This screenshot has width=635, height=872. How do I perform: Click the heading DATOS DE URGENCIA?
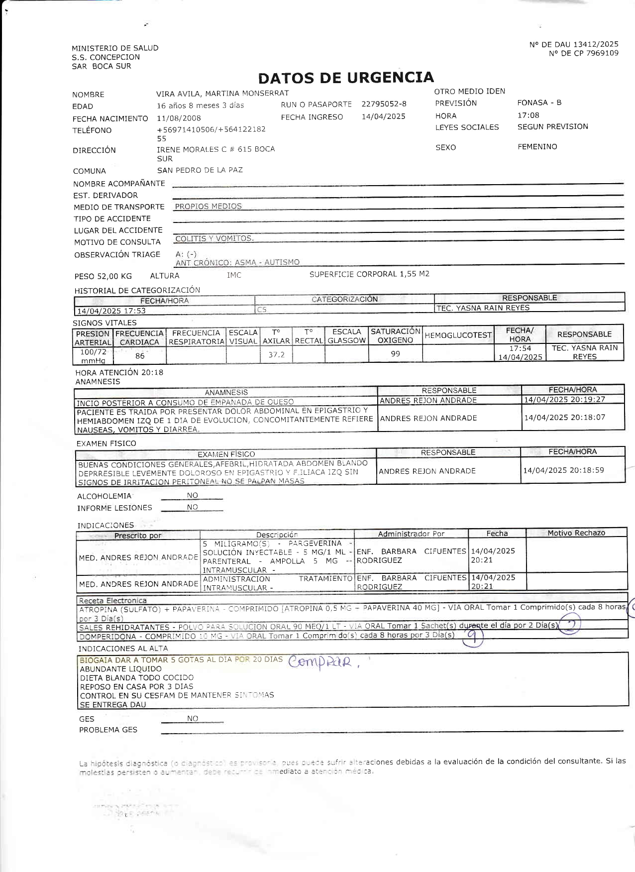pos(346,78)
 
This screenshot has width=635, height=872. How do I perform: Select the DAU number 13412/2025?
pos(596,44)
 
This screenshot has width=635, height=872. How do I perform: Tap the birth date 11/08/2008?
pos(179,118)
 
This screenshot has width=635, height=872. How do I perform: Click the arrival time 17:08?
pos(528,115)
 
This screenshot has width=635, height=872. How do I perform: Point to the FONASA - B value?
pos(539,103)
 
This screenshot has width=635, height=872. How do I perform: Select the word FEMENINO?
pos(537,147)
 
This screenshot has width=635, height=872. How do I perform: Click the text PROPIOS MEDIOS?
pos(208,206)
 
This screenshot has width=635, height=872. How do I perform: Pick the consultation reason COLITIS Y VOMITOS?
pos(214,238)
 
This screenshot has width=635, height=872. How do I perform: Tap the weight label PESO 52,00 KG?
pos(103,276)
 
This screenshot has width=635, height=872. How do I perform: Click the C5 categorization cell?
pos(262,310)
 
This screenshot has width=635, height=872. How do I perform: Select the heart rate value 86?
pos(140,355)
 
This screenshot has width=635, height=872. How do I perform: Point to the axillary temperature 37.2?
pos(276,354)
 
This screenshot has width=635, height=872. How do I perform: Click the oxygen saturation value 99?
pos(395,354)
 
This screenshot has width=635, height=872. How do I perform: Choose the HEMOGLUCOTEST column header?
pos(457,335)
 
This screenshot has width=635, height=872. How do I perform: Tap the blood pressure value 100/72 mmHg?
pos(93,356)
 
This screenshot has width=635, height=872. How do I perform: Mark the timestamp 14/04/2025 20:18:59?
pos(563,470)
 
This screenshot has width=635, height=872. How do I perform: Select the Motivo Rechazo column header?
pos(576,533)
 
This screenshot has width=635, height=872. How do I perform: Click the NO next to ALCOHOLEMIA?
pos(192,495)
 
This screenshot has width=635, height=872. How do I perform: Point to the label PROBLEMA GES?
pos(108,730)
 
